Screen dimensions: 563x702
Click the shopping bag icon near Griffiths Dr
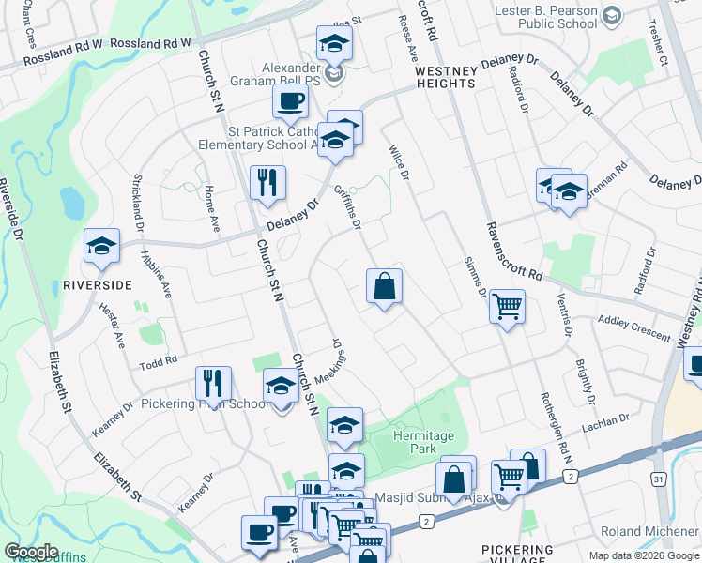pyautogui.click(x=385, y=286)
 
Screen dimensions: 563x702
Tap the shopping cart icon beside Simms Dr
pyautogui.click(x=507, y=306)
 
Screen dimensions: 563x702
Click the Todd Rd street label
pyautogui.click(x=159, y=362)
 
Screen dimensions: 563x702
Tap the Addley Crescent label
pyautogui.click(x=635, y=327)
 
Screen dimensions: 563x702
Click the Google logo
pyautogui.click(x=32, y=552)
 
